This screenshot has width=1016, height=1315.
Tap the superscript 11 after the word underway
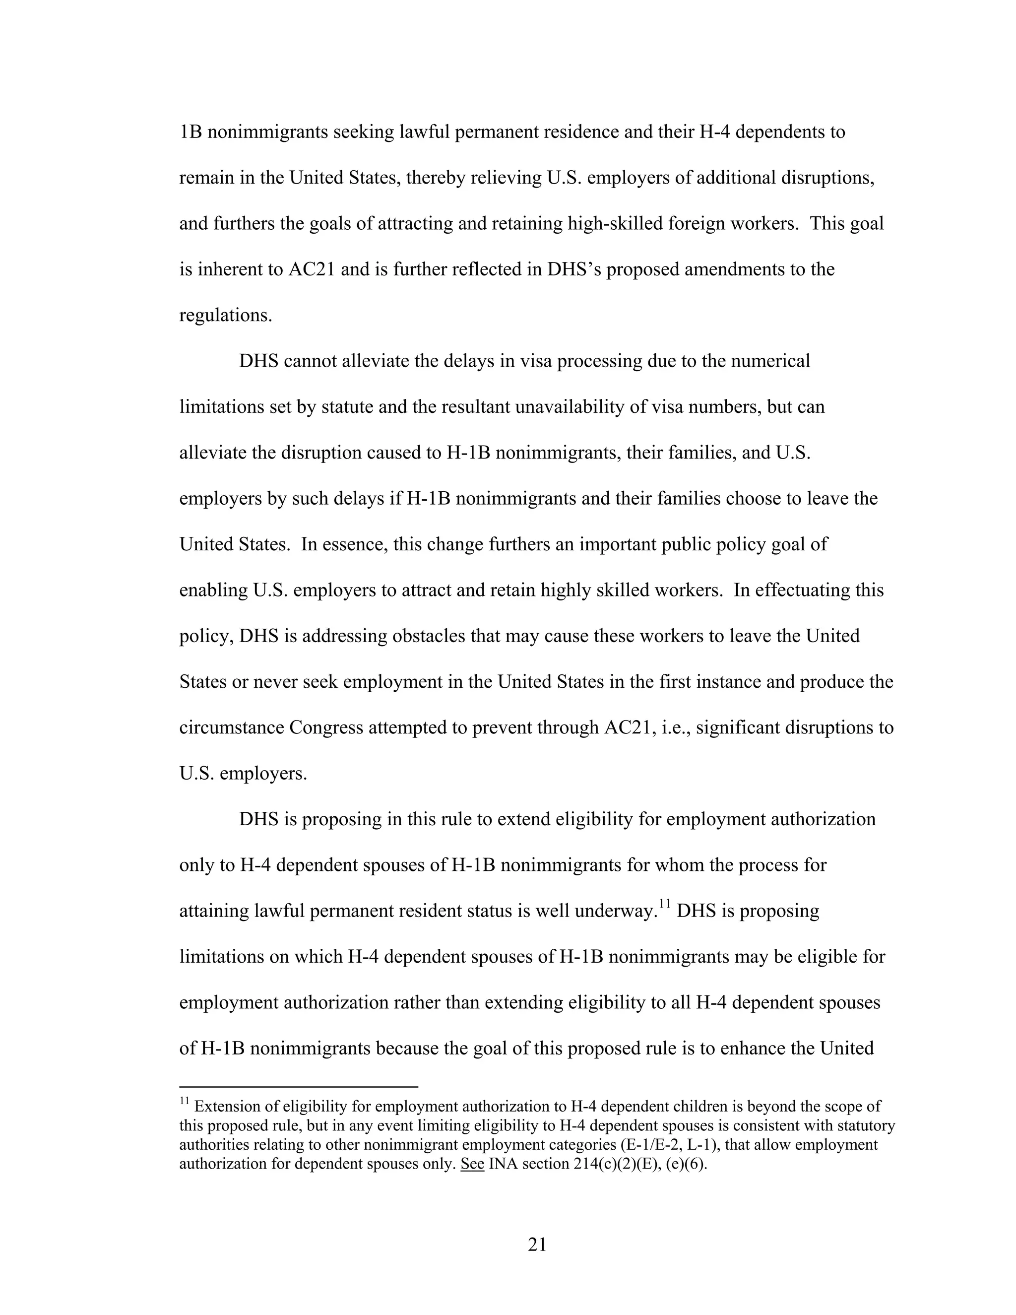(x=664, y=904)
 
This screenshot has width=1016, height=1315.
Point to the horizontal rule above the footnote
(x=299, y=1087)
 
